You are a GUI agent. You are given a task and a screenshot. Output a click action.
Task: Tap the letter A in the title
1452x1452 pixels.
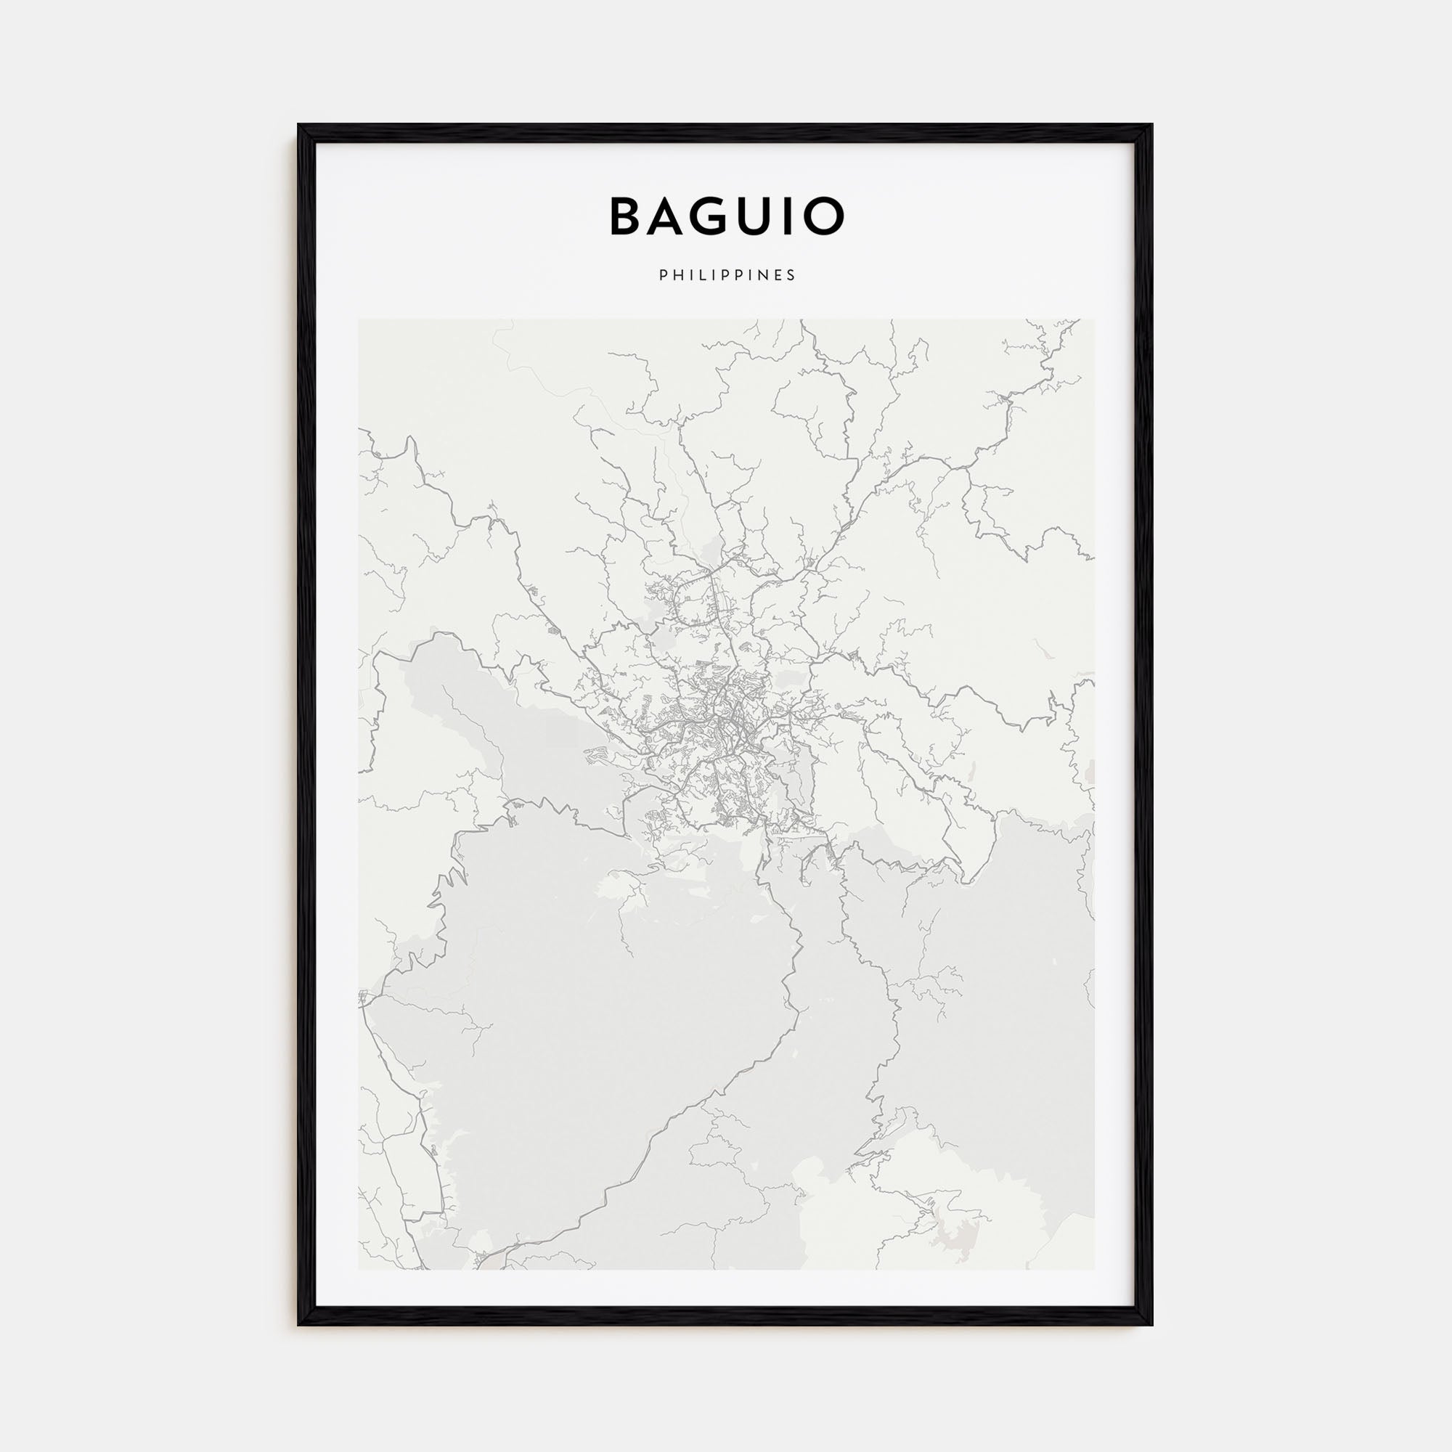(x=670, y=216)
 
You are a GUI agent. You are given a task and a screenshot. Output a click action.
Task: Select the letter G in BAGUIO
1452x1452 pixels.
(x=719, y=216)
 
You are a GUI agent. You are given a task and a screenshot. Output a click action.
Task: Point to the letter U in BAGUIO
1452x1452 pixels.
(x=766, y=216)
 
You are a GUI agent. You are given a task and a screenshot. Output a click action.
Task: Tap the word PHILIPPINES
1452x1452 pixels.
(x=727, y=275)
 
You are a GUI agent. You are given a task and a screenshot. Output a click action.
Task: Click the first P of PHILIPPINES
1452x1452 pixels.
(x=663, y=275)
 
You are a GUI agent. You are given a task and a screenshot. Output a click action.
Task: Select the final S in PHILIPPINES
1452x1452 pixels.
(x=791, y=275)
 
